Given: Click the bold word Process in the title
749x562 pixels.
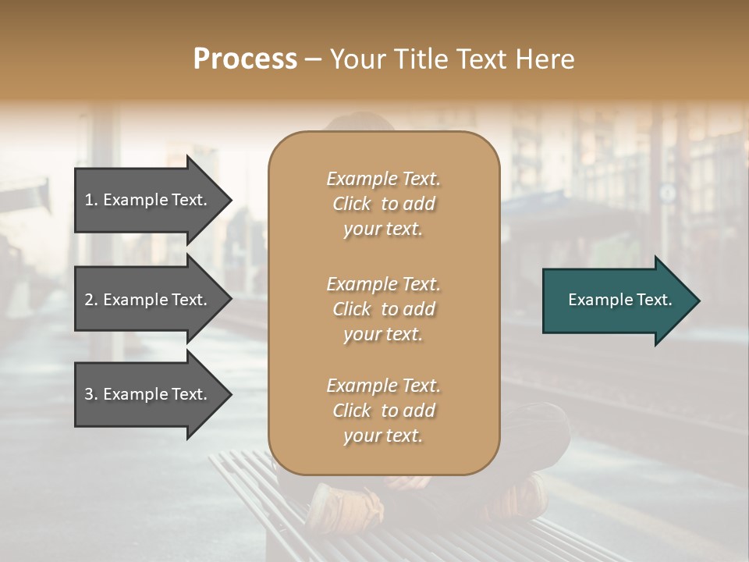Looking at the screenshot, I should (245, 59).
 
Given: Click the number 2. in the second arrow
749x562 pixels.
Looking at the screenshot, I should (91, 300).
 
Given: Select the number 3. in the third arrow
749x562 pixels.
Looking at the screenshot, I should (91, 394).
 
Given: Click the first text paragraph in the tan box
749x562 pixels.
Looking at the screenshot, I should (383, 204).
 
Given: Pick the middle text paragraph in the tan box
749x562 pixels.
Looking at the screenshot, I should (383, 309).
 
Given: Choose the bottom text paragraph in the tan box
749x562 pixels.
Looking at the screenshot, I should (383, 411).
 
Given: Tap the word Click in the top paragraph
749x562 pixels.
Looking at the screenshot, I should (352, 204).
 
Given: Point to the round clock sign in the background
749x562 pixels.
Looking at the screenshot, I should (667, 191).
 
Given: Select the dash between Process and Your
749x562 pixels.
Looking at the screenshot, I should (313, 60).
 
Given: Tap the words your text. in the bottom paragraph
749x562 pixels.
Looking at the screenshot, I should (383, 436).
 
